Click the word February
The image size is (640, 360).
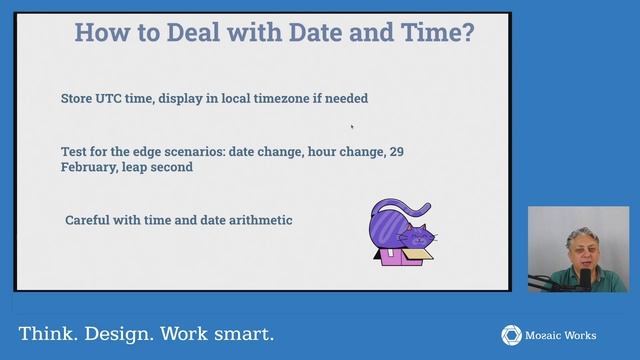(x=90, y=167)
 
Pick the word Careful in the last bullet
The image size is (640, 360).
(x=89, y=219)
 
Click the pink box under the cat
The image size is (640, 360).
(x=400, y=258)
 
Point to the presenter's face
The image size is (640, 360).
(x=577, y=250)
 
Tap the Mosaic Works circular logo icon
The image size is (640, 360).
(x=511, y=334)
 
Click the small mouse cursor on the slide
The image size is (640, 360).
(x=352, y=126)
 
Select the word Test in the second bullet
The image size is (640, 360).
(x=73, y=150)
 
